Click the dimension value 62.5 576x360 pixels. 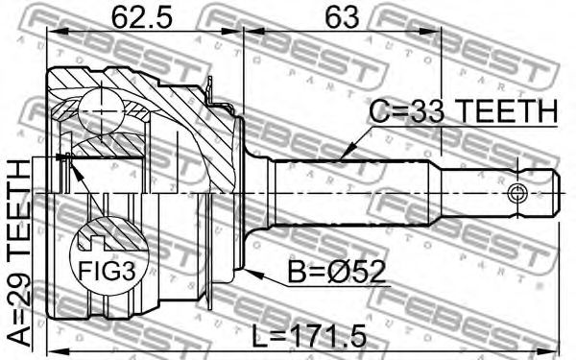[x=142, y=17]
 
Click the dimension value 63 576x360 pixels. [x=343, y=17]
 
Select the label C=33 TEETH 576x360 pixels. [x=464, y=111]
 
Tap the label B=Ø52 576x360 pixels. [x=336, y=272]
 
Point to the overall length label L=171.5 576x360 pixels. [x=310, y=334]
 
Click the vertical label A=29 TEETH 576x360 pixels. [x=19, y=252]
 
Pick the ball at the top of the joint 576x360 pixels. [x=100, y=112]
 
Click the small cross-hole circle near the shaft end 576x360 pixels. [x=517, y=193]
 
